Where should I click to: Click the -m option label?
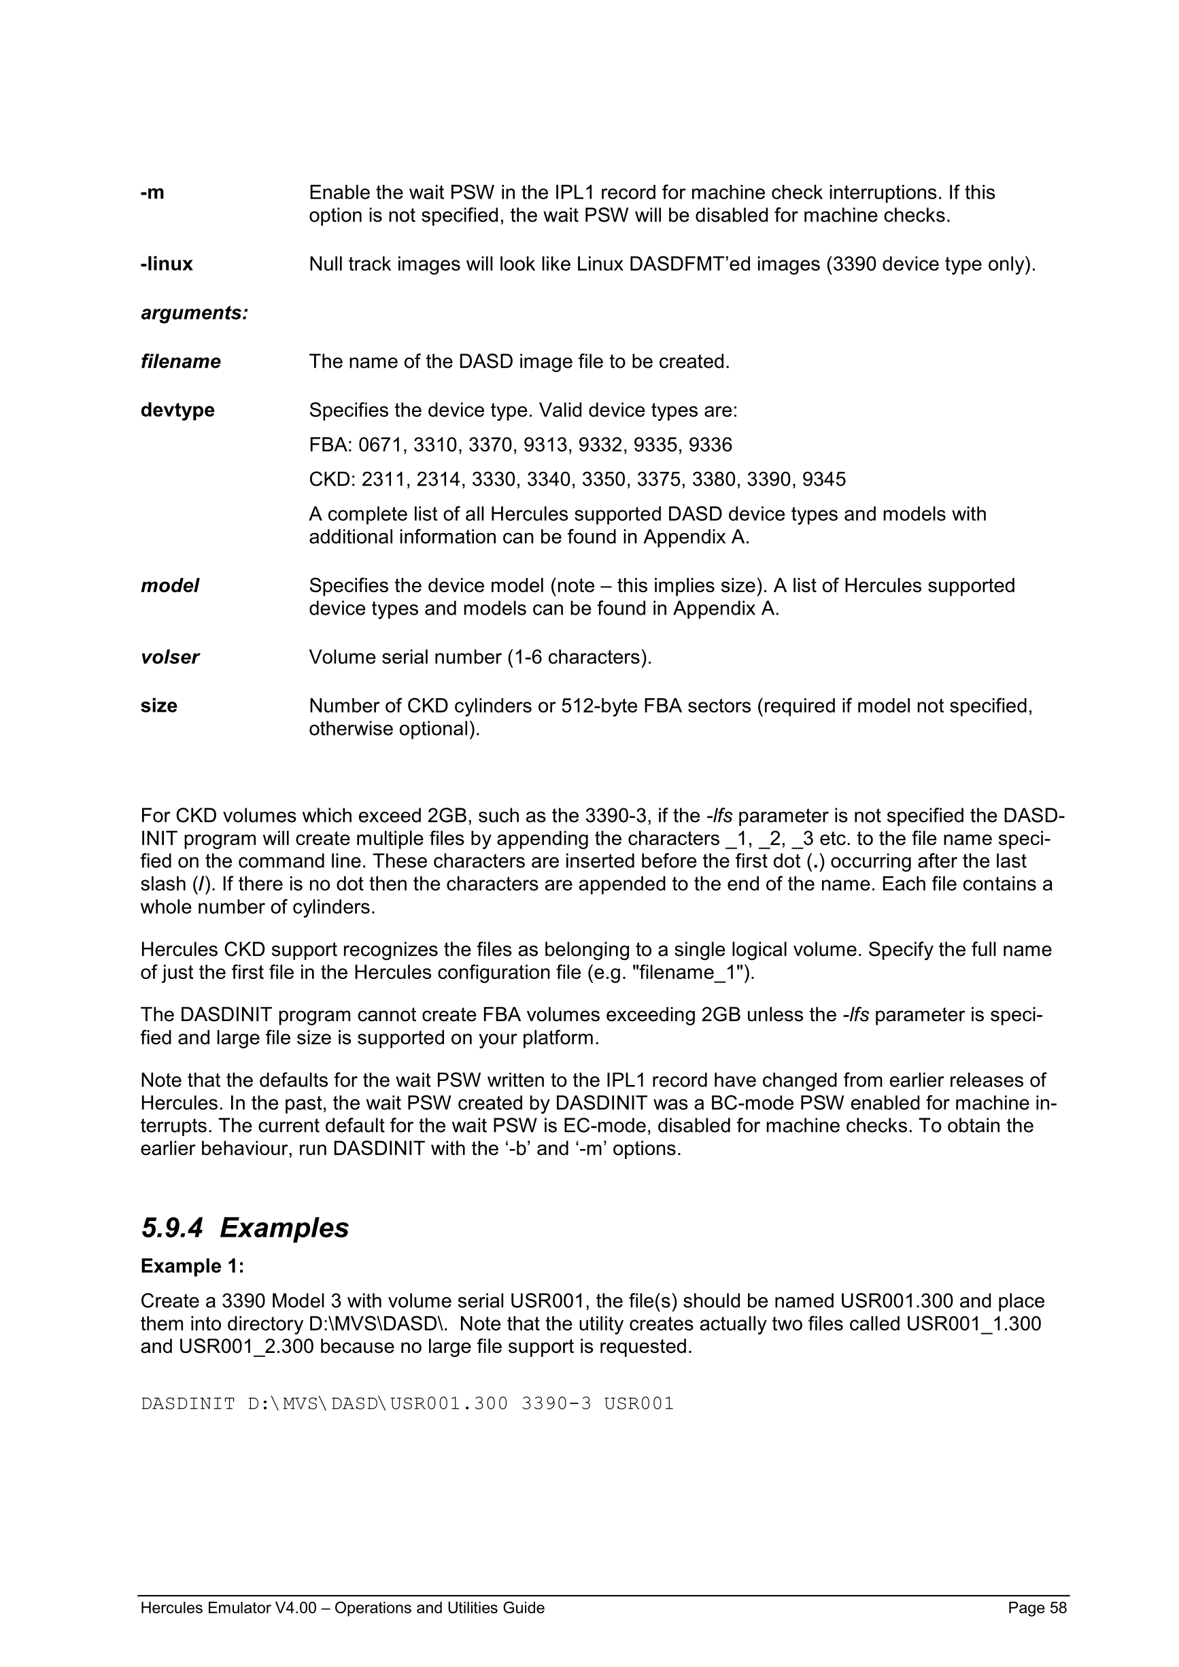152,193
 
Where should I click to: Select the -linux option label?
167,264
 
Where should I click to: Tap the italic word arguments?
194,313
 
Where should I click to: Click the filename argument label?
181,362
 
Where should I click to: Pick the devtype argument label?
178,410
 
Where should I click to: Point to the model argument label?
170,585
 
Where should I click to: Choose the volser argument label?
170,657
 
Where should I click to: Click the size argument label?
159,706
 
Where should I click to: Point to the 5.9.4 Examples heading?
245,1228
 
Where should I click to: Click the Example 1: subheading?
192,1266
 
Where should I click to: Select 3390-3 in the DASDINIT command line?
556,1403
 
